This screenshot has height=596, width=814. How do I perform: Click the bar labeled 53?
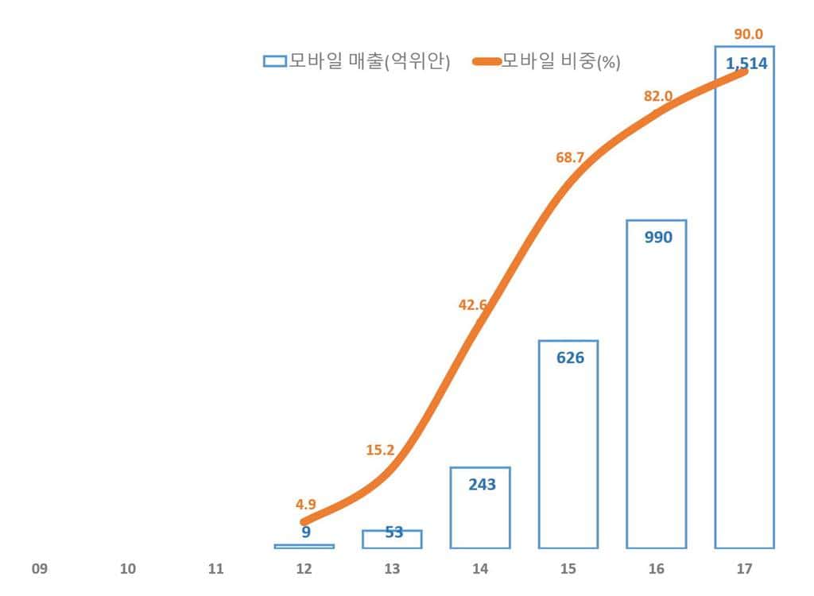[x=392, y=540]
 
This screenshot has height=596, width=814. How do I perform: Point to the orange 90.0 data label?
[x=748, y=33]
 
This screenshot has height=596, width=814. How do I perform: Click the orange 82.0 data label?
[x=658, y=96]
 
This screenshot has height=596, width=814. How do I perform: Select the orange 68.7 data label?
[x=570, y=157]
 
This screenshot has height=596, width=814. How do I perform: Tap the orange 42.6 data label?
[x=473, y=303]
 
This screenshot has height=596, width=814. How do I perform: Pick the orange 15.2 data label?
[x=380, y=450]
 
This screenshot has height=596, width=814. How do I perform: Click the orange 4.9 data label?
[x=304, y=504]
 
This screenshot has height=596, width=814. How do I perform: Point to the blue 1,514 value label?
[x=746, y=64]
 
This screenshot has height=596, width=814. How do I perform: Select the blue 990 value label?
[x=657, y=237]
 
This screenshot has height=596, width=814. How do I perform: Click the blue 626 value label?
[x=570, y=358]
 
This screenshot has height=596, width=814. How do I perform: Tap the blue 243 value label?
[x=482, y=484]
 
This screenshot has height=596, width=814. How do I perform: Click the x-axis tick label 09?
[x=40, y=569]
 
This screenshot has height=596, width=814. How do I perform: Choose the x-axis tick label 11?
[x=215, y=569]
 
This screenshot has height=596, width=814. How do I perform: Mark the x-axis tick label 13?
[x=392, y=569]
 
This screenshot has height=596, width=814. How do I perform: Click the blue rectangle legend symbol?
[x=274, y=61]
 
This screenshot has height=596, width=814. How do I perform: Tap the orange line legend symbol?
[x=486, y=61]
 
